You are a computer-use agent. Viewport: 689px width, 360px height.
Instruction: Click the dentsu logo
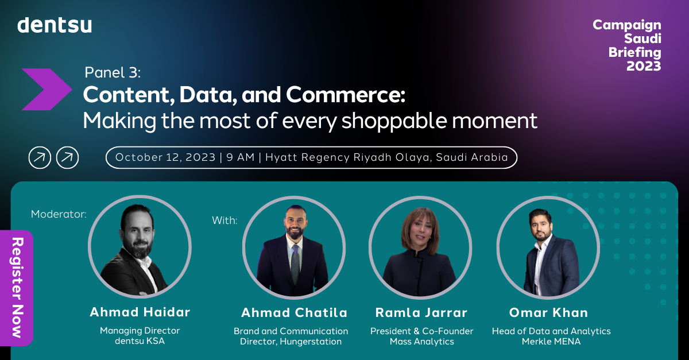55,25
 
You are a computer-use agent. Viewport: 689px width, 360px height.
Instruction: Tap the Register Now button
17,287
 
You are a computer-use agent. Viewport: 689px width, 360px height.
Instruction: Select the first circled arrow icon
40,157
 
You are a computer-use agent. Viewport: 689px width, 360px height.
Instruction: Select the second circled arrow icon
67,157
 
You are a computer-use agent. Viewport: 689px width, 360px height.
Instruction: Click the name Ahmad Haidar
140,312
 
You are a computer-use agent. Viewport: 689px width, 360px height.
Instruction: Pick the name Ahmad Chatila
294,313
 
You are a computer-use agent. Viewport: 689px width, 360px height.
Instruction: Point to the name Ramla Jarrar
421,313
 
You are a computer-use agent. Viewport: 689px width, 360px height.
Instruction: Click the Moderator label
59,214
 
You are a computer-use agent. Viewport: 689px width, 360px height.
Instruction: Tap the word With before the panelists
224,220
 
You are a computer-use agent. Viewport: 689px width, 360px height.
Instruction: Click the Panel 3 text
113,72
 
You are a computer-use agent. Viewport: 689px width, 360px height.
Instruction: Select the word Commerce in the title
351,95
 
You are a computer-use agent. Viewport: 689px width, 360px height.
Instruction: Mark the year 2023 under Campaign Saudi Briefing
643,66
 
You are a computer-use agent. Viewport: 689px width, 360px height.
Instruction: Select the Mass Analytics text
421,342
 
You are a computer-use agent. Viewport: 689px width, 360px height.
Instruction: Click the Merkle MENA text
551,342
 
